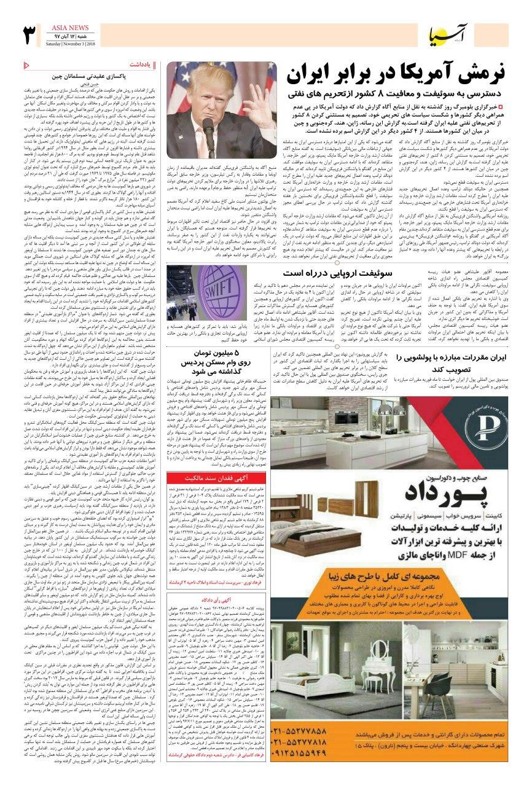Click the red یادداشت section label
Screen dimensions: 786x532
141,64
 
